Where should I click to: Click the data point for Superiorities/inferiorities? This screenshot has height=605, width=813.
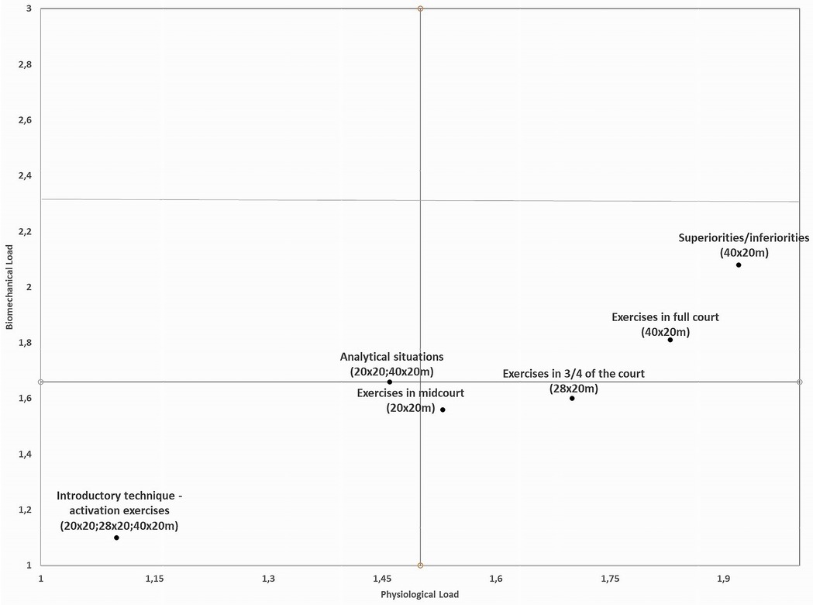[x=739, y=265]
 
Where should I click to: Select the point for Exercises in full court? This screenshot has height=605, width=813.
[x=670, y=340]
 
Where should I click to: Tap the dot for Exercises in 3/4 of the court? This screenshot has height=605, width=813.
[x=572, y=398]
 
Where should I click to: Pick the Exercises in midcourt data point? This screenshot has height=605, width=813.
[x=443, y=410]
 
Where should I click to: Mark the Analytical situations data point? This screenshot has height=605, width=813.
[x=389, y=382]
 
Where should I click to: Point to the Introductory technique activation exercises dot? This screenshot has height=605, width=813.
[x=116, y=538]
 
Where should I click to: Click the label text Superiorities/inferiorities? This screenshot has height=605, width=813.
[x=743, y=238]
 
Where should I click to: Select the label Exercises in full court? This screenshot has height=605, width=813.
[x=665, y=317]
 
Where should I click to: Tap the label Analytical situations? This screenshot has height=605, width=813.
[x=391, y=358]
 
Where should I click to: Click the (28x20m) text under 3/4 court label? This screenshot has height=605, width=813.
[x=574, y=388]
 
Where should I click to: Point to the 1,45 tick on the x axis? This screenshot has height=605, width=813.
[x=381, y=579]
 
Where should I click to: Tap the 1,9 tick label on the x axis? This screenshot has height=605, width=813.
[x=723, y=579]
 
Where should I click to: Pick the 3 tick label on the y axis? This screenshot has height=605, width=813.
[x=29, y=9]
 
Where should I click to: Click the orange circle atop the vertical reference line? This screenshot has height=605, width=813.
[x=420, y=9]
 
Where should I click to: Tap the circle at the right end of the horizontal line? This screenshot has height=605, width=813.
[x=799, y=382]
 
